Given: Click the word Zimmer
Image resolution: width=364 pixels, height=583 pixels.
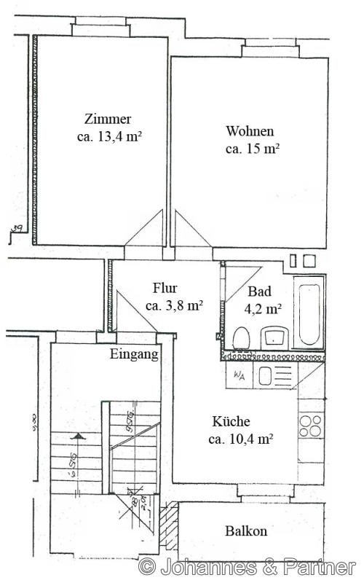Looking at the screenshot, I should point(108,119).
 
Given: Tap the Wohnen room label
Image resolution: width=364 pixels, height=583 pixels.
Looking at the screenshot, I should point(250,131).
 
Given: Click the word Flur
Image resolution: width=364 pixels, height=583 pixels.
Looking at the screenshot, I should point(165,288).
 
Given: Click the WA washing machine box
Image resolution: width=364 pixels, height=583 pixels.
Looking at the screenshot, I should point(239,375).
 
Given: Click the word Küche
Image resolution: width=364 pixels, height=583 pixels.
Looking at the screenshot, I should point(231,421).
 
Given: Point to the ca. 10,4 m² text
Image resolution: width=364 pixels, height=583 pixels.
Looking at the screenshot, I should point(240,439).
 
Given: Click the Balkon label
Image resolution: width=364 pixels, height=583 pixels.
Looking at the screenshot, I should point(245,531).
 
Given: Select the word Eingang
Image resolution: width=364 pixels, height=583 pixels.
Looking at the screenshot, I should point(134,354).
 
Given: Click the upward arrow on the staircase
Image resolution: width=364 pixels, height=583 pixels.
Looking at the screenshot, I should point(76,438).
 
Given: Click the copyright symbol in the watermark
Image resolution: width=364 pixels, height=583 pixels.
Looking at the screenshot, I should point(147,566).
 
